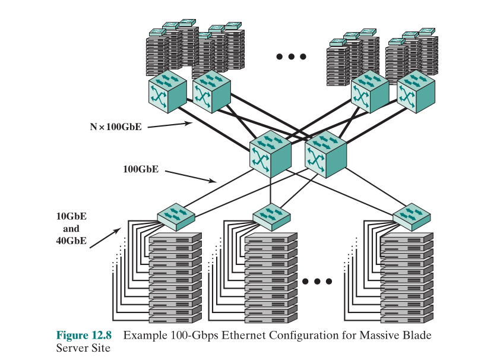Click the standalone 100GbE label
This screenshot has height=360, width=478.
141,169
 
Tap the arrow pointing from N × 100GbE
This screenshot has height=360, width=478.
169,125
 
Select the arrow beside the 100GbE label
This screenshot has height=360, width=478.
190,176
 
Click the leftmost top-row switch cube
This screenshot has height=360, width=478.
167,93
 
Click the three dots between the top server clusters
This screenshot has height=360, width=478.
291,57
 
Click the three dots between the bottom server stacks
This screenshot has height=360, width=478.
316,281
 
